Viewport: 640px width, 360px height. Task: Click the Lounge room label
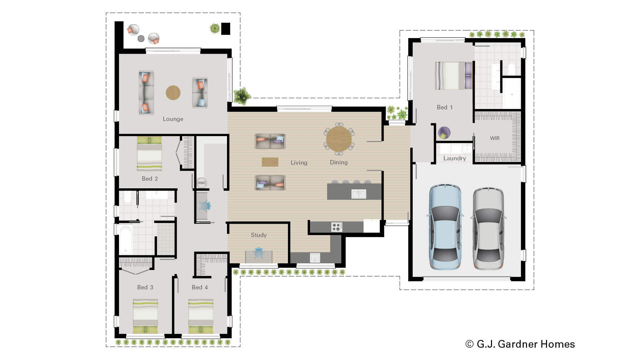173,119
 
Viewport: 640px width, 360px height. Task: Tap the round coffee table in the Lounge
173,93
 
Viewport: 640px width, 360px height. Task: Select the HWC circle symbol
202,183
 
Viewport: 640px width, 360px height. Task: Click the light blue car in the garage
445,227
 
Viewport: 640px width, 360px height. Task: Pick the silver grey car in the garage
488,228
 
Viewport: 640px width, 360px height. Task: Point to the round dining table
339,139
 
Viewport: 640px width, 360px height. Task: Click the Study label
259,235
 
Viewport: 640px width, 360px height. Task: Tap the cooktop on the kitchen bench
337,227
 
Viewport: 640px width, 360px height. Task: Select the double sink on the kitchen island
359,194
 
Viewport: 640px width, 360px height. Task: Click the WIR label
495,138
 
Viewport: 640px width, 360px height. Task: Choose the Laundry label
455,158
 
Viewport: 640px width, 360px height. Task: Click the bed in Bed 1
453,76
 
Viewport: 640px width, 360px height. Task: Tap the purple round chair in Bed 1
444,133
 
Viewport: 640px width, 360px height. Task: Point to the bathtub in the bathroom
126,240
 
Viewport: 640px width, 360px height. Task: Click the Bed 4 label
200,287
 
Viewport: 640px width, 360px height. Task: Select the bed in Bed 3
145,316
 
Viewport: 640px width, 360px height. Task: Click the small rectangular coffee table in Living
270,162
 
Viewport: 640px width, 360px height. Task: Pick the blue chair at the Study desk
259,252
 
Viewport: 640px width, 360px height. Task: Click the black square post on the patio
226,29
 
